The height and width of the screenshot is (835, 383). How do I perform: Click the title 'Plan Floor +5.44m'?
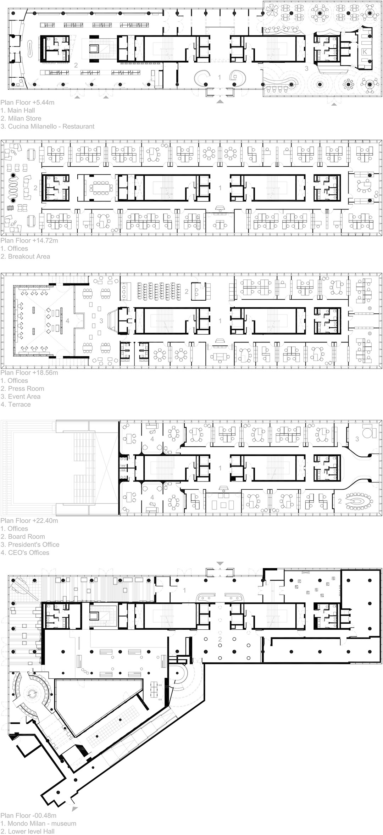point(27,102)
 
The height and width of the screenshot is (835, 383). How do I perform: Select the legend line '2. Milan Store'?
point(21,118)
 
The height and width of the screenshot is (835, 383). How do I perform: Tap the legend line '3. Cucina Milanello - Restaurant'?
point(48,126)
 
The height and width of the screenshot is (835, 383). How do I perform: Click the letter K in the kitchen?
point(365,52)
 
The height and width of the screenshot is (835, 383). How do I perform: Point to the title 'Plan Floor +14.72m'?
point(29,240)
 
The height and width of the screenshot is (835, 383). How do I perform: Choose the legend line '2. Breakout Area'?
point(25,256)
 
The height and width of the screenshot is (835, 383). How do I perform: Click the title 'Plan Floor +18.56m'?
point(29,373)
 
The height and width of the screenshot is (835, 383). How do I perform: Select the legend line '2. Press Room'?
point(22,389)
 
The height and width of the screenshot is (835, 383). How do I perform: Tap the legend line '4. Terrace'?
point(16,405)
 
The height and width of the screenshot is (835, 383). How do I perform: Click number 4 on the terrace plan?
point(68,321)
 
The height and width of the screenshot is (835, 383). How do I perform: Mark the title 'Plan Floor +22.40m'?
point(29,521)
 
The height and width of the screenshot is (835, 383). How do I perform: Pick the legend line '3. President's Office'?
point(30,545)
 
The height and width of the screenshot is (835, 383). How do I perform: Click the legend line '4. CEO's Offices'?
point(25,552)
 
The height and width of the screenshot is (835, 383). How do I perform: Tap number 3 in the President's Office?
point(357,439)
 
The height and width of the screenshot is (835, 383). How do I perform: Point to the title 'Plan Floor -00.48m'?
point(28,815)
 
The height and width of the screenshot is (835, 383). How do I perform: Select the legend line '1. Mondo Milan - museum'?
point(38,824)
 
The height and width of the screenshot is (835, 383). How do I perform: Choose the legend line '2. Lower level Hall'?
point(27,831)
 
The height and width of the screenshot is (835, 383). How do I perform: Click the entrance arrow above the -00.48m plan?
point(220,563)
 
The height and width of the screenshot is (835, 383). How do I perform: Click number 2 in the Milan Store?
point(76,65)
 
